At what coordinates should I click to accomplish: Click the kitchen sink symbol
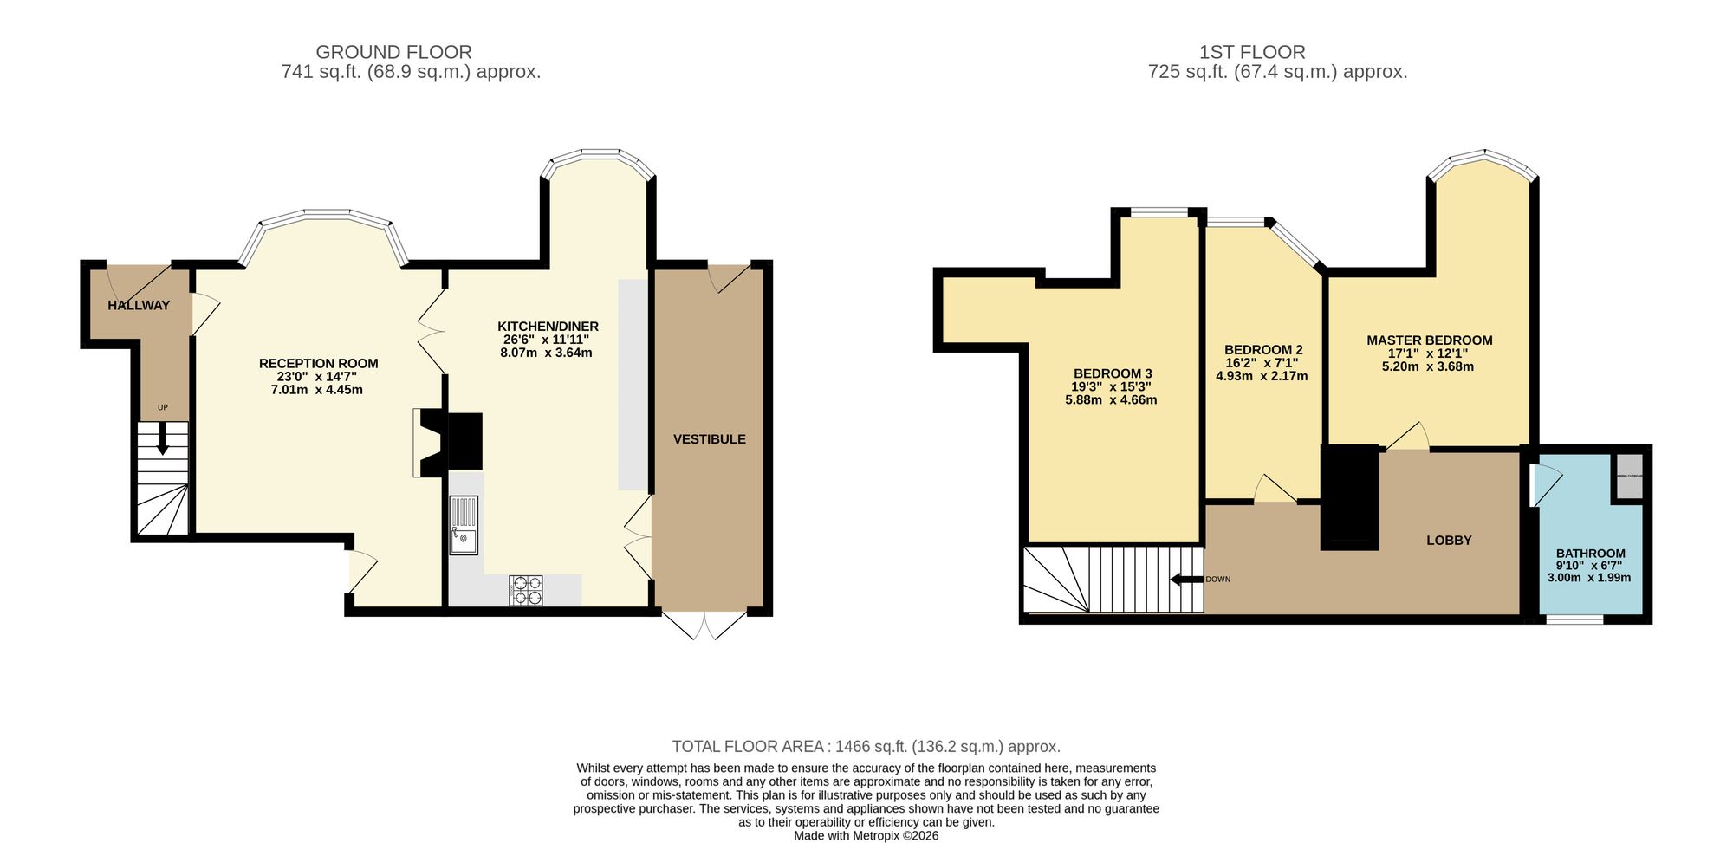464,525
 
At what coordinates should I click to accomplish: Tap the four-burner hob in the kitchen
526,590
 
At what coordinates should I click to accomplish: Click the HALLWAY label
139,305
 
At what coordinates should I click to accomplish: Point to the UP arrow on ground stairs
162,440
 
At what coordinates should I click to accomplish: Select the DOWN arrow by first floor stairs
1186,580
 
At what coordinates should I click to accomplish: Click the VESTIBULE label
709,439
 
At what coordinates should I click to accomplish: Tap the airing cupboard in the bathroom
1628,477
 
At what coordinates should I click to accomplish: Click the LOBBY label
1449,541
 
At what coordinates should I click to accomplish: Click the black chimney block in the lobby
1349,497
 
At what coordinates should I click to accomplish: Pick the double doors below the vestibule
703,626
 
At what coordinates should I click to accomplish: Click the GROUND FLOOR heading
393,52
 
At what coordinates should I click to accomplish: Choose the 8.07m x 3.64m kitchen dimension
546,353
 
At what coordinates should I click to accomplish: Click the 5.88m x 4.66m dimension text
1111,400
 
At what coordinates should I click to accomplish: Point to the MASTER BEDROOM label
1429,340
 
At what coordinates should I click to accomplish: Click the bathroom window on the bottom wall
1574,619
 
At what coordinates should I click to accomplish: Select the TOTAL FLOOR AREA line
866,746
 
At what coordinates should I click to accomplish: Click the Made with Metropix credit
866,836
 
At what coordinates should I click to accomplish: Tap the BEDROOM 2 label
1262,350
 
